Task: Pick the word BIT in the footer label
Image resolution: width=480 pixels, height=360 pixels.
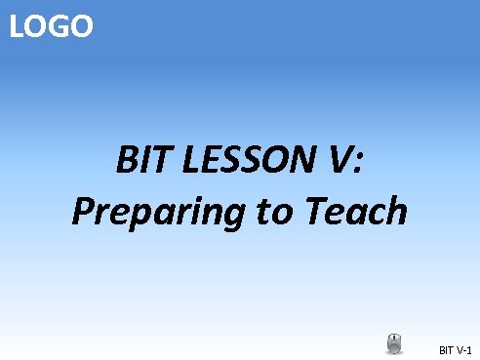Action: [x=447, y=348]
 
